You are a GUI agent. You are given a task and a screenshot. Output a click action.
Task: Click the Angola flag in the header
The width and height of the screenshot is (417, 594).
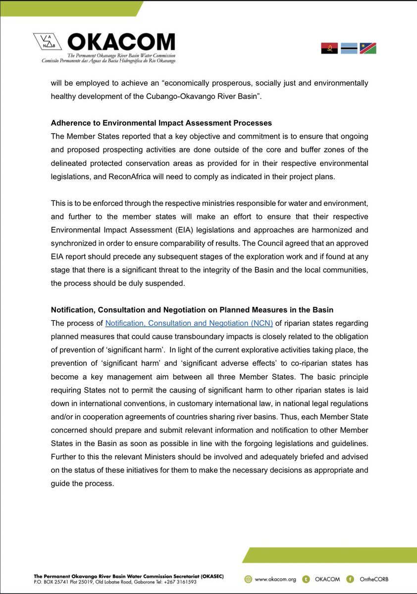click(x=329, y=48)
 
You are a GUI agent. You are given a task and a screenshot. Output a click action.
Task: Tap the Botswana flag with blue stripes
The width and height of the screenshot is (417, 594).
click(x=349, y=48)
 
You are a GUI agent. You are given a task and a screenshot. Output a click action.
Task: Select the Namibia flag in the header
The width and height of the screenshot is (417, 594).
click(x=368, y=48)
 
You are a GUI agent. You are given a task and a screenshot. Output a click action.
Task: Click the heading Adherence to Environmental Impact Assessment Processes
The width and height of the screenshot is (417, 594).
click(x=161, y=123)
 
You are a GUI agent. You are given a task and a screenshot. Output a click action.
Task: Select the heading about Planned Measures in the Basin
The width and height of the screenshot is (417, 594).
click(x=192, y=310)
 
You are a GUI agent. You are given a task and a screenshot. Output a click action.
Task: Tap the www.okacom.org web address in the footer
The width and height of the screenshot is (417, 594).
click(x=273, y=579)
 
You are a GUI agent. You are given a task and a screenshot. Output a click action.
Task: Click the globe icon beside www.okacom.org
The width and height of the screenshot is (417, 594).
click(x=249, y=579)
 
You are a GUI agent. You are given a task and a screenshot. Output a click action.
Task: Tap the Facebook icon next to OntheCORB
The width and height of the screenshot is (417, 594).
click(x=351, y=579)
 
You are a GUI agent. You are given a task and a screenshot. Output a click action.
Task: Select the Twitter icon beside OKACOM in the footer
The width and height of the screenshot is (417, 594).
click(x=307, y=579)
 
